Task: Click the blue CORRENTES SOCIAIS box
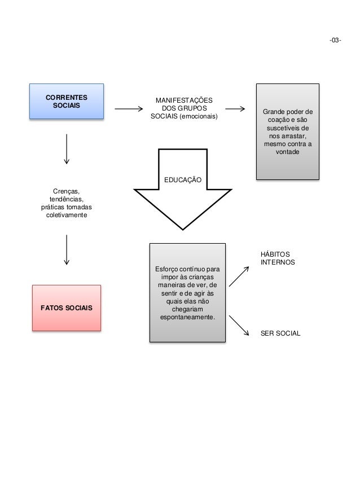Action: click(67, 101)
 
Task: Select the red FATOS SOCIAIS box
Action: click(67, 307)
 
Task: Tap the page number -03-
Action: click(335, 41)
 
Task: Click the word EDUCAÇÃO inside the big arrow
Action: click(182, 179)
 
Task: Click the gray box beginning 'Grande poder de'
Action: click(288, 131)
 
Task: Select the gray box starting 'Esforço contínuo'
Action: click(187, 292)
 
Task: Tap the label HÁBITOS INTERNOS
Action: click(277, 258)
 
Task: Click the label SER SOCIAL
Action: click(280, 333)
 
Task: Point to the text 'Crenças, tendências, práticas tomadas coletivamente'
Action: click(67, 203)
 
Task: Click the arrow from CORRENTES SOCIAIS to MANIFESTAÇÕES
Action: click(126, 109)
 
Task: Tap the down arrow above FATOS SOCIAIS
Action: click(67, 249)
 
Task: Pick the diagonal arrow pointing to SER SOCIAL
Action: click(239, 325)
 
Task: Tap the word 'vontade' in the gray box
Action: click(288, 154)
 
